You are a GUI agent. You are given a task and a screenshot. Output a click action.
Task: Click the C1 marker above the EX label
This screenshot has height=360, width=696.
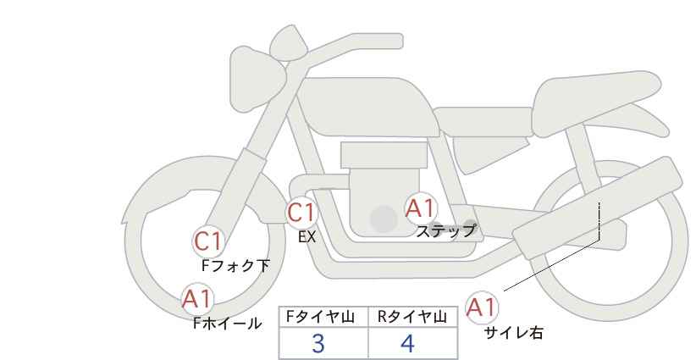coord(301,213)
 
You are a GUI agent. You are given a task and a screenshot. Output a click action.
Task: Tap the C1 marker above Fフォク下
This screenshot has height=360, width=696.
coord(208,242)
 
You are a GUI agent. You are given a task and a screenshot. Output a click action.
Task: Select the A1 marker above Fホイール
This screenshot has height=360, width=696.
coord(198,299)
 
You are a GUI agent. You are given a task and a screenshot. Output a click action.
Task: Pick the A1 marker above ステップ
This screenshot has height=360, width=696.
coord(420,208)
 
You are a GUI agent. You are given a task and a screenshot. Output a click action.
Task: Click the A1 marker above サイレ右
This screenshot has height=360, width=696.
coord(482,307)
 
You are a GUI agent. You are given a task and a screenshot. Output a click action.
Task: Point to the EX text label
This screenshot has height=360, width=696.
coord(307,237)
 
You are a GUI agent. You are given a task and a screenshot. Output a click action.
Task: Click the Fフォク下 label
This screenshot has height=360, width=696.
coord(235,266)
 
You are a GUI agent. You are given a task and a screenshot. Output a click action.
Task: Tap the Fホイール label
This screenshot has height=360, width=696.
coord(227,324)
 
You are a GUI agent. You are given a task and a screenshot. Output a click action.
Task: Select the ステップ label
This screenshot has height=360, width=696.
coord(445,231)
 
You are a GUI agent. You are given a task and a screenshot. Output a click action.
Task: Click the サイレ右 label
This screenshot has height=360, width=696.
coord(514,333)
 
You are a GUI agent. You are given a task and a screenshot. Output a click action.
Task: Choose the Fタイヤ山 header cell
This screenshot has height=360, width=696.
coord(323,317)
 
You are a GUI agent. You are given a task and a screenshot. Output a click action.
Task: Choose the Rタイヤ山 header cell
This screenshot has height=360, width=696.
coord(413,317)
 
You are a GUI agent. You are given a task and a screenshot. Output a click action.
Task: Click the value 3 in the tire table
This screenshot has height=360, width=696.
coord(318,344)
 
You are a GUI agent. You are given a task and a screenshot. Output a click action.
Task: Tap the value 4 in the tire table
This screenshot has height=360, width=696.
coord(407,344)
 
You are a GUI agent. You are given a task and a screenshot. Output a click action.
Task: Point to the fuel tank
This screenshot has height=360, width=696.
coord(366,107)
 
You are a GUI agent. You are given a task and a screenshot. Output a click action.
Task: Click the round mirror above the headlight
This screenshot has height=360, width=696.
coord(289,43)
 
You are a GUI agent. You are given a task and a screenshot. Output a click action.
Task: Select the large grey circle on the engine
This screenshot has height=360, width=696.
coord(384,219)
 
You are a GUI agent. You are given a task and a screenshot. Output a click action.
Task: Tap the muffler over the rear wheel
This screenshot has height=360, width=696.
coord(597,208)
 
